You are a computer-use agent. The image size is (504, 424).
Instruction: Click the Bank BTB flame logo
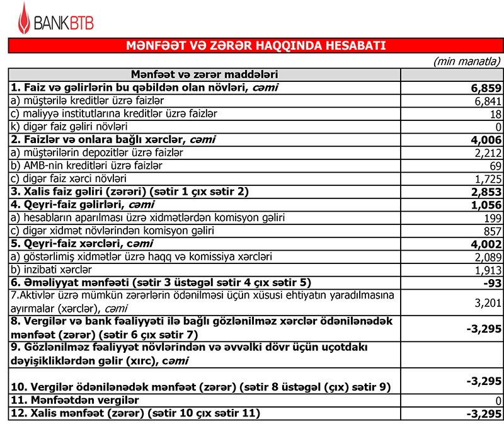point(23,19)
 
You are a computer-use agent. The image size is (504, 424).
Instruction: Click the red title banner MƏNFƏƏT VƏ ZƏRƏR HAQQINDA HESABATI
point(255,46)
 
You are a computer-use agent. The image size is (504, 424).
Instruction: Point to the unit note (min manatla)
point(467,61)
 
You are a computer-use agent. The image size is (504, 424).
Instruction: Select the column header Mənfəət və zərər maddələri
point(205,74)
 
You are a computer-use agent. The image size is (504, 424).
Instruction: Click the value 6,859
point(486,88)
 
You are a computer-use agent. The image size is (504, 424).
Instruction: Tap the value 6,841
point(487,101)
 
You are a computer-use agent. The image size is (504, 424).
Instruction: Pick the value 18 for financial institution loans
point(495,114)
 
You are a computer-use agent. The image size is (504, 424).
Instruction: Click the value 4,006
point(486,140)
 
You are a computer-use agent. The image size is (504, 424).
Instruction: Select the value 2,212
point(487,153)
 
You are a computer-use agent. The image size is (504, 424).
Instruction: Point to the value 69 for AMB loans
point(495,166)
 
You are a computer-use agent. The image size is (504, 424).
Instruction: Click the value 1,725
point(487,179)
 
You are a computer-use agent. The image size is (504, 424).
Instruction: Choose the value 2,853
point(486,192)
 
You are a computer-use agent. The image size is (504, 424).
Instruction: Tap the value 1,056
point(486,205)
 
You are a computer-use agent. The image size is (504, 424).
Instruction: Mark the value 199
point(491,218)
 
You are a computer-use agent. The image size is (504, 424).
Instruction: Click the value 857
point(491,231)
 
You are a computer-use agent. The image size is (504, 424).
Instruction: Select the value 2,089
point(487,257)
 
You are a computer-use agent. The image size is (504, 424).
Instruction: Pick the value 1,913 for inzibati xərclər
point(487,270)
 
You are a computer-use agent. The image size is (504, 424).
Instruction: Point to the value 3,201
point(487,302)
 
